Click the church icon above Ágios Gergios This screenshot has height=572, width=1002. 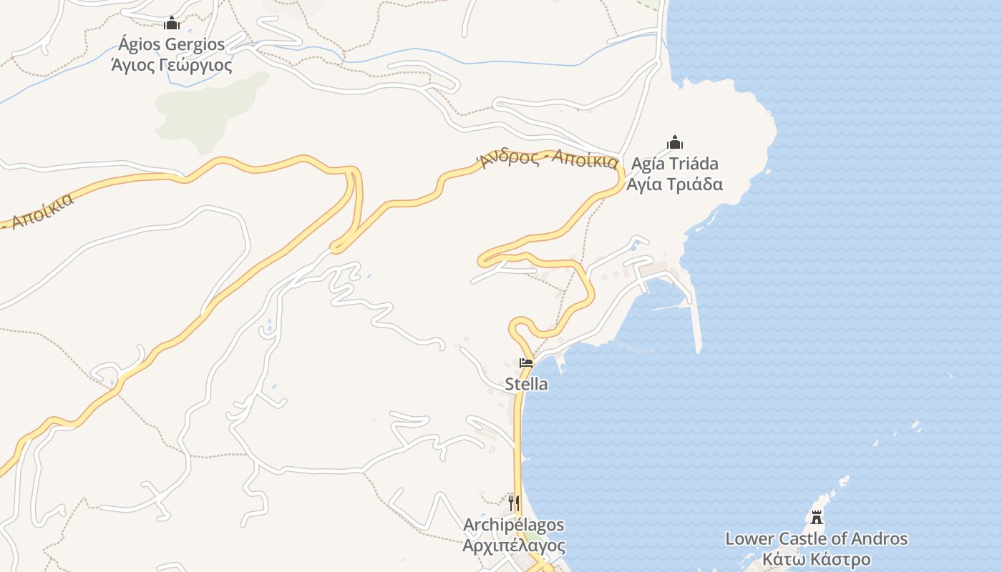tap(172, 23)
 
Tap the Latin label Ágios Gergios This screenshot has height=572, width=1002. tap(172, 44)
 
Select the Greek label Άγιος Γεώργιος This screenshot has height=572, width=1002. tap(172, 66)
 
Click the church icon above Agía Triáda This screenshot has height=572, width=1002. tap(674, 142)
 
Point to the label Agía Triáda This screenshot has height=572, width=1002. tap(674, 164)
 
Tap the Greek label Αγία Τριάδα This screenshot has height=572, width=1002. tap(674, 184)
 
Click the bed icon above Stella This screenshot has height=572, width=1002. tap(526, 363)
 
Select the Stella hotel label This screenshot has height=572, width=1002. tap(526, 385)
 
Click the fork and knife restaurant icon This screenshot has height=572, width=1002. tap(513, 503)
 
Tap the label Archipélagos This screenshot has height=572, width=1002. tap(513, 526)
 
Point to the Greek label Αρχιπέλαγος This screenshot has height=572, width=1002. tap(513, 546)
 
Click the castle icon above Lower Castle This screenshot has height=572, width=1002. tap(816, 516)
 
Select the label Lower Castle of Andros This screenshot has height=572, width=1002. tap(816, 539)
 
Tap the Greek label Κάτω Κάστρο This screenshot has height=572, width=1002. tap(816, 559)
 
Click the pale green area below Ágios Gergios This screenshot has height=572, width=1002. tap(208, 107)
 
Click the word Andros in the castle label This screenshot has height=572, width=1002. tap(880, 539)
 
